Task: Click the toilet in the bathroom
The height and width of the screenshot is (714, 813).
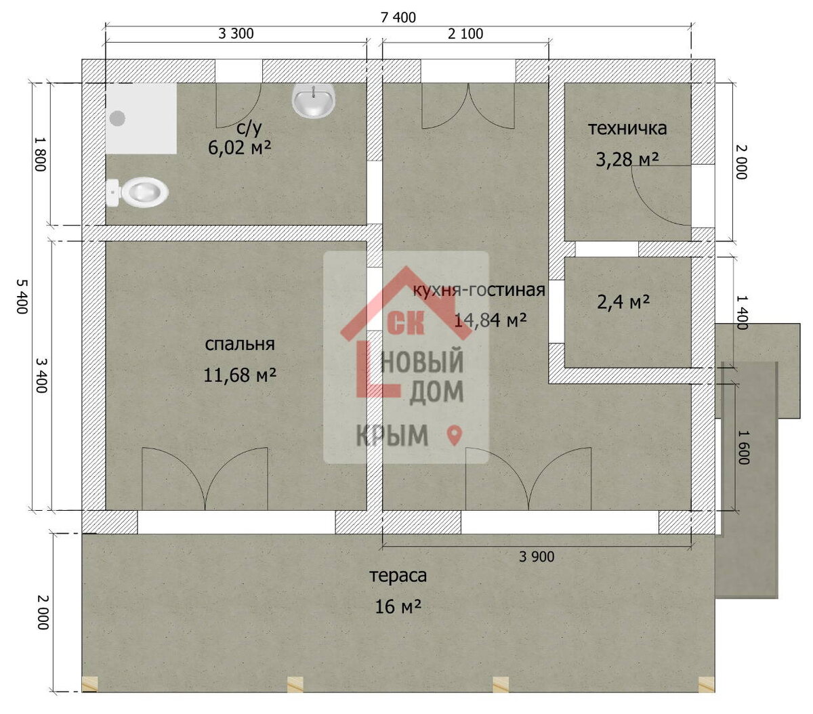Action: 137,192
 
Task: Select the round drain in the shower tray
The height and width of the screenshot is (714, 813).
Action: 117,118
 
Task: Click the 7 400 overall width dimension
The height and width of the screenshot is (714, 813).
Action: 398,17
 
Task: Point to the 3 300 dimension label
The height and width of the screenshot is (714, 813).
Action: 236,33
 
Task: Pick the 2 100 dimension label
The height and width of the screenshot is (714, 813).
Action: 465,34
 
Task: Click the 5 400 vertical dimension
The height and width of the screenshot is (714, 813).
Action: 22,296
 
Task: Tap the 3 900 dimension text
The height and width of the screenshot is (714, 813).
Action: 537,557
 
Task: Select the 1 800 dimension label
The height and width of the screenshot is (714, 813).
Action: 41,154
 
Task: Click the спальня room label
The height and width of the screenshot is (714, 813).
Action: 240,344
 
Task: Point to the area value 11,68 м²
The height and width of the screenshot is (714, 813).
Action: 240,375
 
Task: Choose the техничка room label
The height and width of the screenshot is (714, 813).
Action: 627,129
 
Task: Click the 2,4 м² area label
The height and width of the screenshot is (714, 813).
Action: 623,302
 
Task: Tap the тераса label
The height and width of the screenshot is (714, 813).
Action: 398,576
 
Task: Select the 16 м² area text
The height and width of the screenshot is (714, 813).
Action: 398,606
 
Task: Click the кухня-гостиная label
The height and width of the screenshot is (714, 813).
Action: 479,290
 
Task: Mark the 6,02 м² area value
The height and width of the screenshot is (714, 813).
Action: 240,148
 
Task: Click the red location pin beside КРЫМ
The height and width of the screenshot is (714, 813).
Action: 454,436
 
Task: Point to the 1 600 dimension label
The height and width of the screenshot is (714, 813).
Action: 744,448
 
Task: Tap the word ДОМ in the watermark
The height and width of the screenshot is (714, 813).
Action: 436,392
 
